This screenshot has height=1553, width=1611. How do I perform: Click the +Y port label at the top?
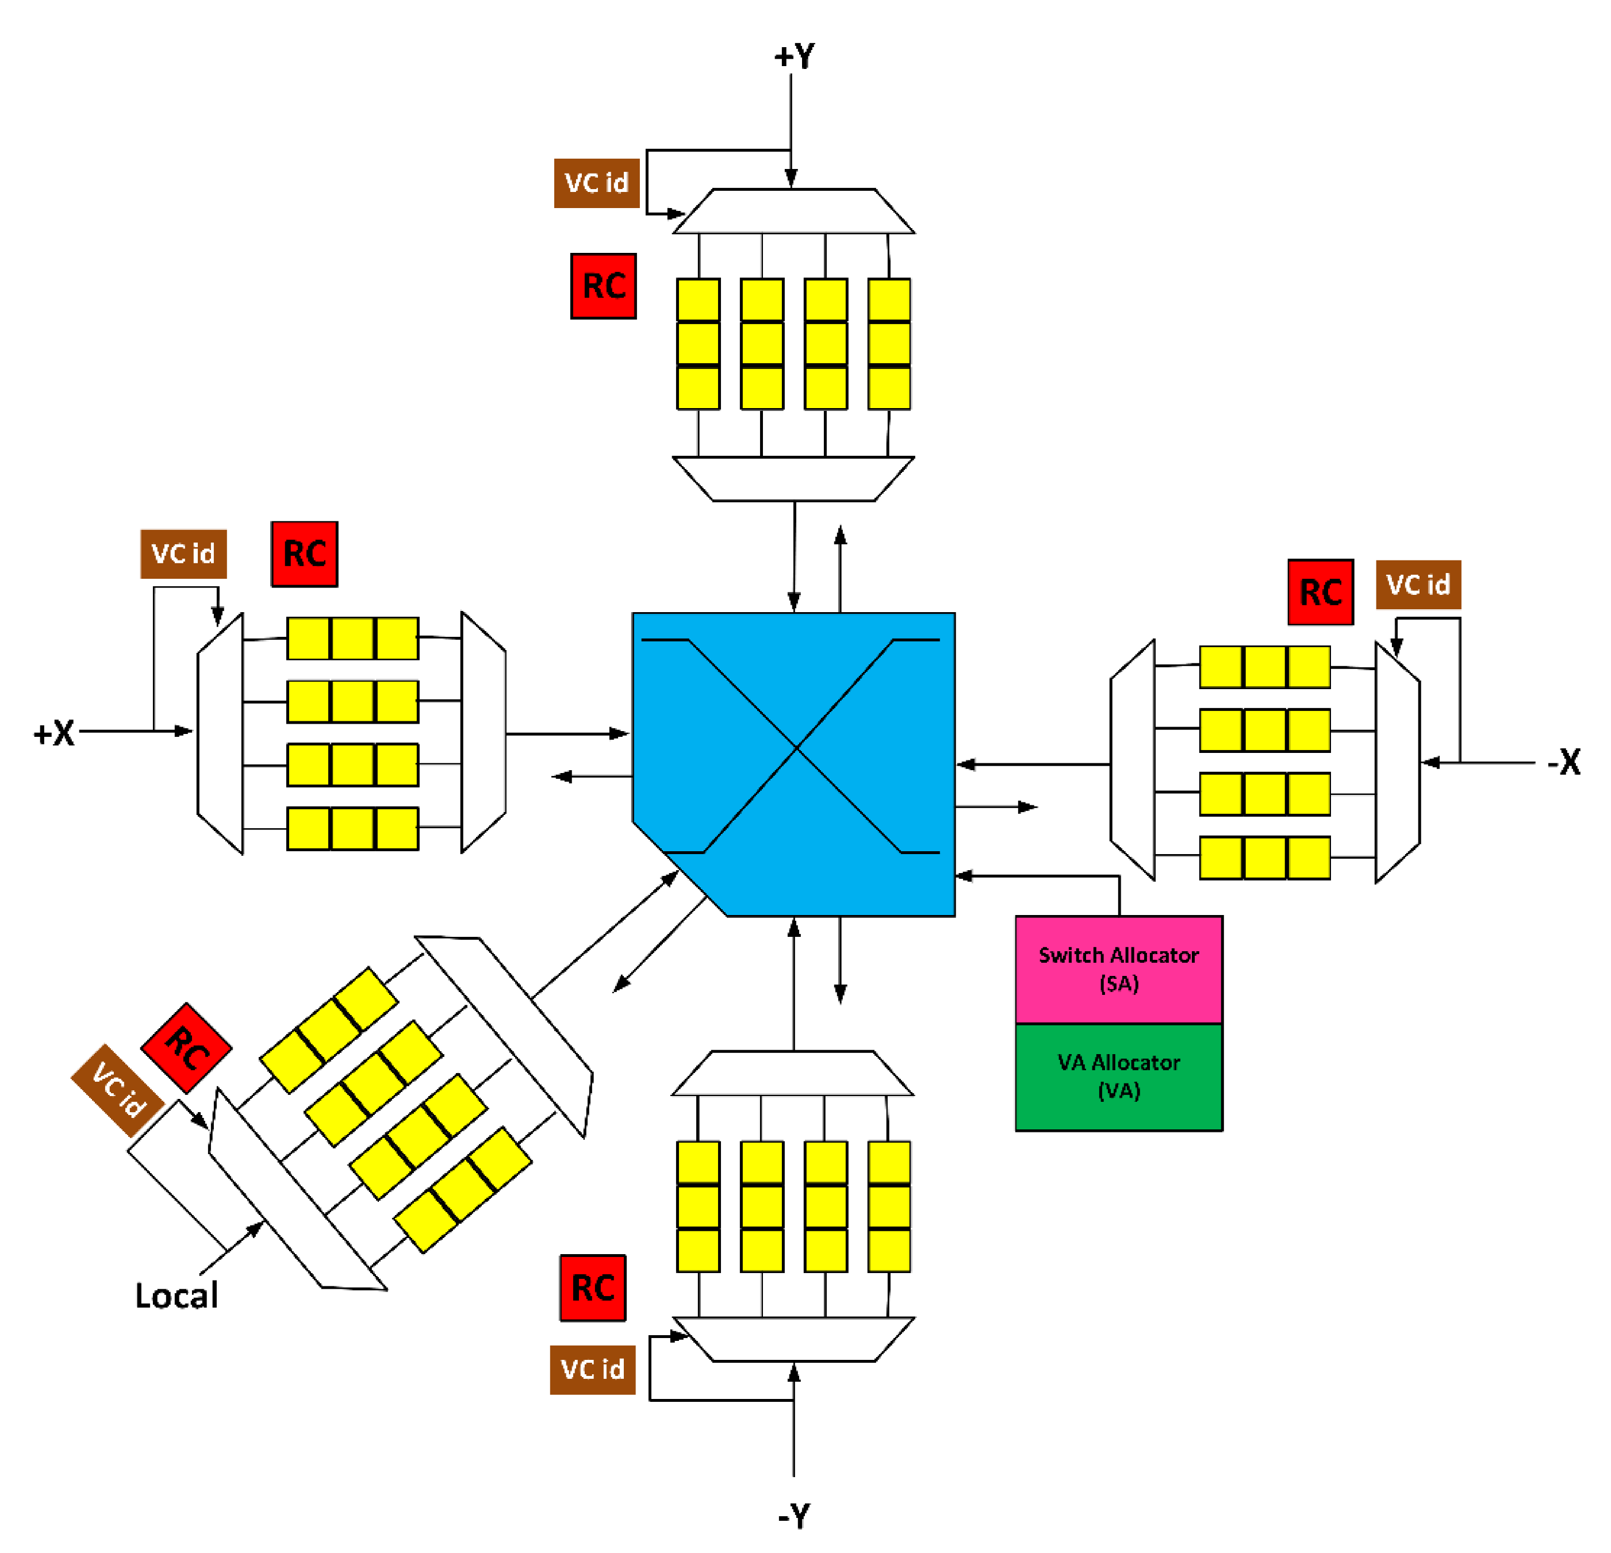[x=794, y=56]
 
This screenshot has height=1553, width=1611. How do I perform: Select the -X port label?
[x=1563, y=762]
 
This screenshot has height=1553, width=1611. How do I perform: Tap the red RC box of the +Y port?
[x=603, y=286]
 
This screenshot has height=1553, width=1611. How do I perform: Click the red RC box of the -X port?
[x=1320, y=591]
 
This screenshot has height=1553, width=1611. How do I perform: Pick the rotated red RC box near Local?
[x=187, y=1048]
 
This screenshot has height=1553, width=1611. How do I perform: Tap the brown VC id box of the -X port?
[x=1418, y=584]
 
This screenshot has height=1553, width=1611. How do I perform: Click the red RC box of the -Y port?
[x=593, y=1287]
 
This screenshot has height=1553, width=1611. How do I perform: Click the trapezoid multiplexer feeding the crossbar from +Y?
[x=793, y=478]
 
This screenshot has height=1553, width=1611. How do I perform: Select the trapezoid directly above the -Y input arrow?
[x=793, y=1339]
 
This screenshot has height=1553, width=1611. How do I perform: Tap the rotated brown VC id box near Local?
[x=117, y=1090]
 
